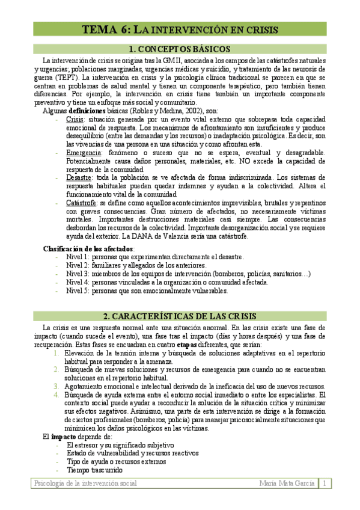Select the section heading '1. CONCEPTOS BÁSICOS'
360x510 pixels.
[x=180, y=49]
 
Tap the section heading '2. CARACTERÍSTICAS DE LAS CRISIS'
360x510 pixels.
[x=180, y=316]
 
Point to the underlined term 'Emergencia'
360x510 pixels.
[x=84, y=153]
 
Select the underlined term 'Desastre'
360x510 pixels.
[x=79, y=178]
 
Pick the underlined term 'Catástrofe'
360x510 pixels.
[x=82, y=203]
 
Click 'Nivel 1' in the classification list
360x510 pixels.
[x=78, y=257]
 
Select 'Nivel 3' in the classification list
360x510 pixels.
[x=78, y=274]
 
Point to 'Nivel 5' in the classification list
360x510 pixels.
[x=78, y=290]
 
